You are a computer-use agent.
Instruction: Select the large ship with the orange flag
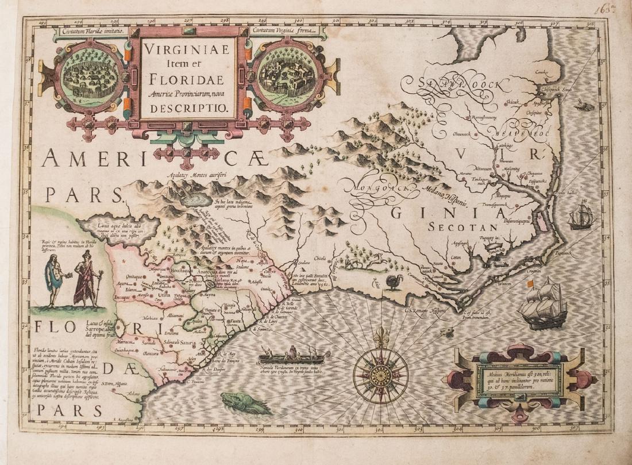click(542, 305)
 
